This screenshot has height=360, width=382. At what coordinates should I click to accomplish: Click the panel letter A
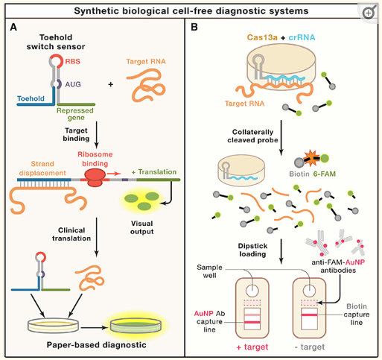tap(13, 27)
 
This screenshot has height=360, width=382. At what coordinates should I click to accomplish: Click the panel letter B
tap(194, 27)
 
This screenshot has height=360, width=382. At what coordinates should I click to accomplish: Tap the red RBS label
tap(72, 61)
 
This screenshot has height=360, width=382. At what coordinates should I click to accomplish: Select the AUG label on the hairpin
tap(73, 84)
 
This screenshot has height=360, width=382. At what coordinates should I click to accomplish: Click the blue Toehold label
tap(31, 98)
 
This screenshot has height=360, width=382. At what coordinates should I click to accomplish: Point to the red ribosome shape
tap(95, 177)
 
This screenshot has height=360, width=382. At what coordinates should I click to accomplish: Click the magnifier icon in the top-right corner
tap(369, 13)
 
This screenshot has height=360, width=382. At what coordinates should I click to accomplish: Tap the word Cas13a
tap(262, 37)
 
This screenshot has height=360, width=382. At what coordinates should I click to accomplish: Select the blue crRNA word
tap(302, 37)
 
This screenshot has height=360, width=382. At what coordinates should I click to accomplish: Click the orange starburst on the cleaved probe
tap(311, 158)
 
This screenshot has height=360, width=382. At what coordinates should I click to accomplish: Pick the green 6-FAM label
tap(325, 174)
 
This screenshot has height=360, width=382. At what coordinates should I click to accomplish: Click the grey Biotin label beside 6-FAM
tap(299, 174)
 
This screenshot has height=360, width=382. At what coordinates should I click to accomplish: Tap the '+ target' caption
tap(252, 347)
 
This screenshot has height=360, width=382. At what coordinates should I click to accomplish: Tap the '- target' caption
tap(310, 347)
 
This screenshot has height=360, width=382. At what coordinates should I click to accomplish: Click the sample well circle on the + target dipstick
tap(252, 291)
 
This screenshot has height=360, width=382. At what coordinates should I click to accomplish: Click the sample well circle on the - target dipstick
tap(309, 291)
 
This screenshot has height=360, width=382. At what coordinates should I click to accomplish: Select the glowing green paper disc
tap(136, 325)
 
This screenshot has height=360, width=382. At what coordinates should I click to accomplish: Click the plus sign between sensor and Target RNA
tap(111, 84)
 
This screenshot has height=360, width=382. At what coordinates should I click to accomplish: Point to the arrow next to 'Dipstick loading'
tap(281, 251)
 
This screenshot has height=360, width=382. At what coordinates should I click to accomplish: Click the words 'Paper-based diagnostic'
tap(97, 345)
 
